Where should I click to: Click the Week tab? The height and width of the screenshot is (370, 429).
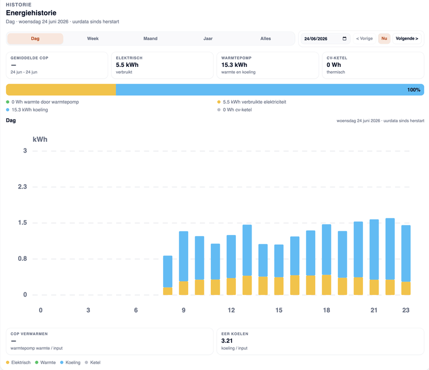93,39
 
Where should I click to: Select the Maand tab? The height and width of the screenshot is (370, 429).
150,39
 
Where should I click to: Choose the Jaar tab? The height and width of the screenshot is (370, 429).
208,39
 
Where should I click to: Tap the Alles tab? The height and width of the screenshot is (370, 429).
265,39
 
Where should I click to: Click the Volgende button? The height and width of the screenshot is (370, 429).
407,39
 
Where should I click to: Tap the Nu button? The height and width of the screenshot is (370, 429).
384,39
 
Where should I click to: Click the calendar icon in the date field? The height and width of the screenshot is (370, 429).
344,39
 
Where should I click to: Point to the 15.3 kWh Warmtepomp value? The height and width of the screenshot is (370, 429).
234,65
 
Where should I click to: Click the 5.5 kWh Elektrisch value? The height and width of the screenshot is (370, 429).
127,65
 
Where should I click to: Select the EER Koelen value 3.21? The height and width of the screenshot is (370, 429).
227,341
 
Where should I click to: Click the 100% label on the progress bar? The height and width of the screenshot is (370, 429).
413,89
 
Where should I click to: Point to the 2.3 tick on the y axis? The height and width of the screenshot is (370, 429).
23,187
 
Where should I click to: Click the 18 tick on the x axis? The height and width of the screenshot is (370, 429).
327,310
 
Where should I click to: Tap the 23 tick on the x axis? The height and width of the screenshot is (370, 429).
406,310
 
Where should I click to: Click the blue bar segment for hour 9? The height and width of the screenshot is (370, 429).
183,256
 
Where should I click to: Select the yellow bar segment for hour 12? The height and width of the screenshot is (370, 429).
231,286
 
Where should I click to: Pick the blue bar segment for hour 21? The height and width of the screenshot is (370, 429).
374,250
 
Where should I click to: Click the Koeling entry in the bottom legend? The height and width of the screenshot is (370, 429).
70,363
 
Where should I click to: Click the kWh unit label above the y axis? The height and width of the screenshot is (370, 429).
40,139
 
